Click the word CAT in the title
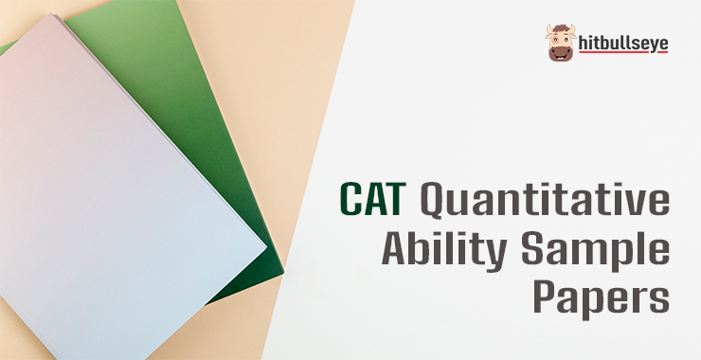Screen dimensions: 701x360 pyautogui.click(x=373, y=199)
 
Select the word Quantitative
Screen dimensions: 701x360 pyautogui.click(x=545, y=200)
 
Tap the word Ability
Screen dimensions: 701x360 pyautogui.click(x=444, y=248)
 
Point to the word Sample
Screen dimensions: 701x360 pyautogui.click(x=595, y=248)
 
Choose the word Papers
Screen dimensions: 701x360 pyautogui.click(x=602, y=297)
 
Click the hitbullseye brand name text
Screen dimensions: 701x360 pyautogui.click(x=623, y=44)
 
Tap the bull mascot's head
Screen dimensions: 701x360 pyautogui.click(x=561, y=43)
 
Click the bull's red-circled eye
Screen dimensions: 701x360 pyautogui.click(x=555, y=40)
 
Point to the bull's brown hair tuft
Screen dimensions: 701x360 pyautogui.click(x=561, y=28)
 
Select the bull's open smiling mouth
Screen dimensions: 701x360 pyautogui.click(x=561, y=56)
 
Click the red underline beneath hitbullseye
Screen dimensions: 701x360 pyautogui.click(x=623, y=52)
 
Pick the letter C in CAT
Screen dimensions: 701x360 pyautogui.click(x=350, y=199)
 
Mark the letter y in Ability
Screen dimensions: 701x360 pyautogui.click(x=494, y=255)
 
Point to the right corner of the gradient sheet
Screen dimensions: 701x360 pyautogui.click(x=266, y=246)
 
